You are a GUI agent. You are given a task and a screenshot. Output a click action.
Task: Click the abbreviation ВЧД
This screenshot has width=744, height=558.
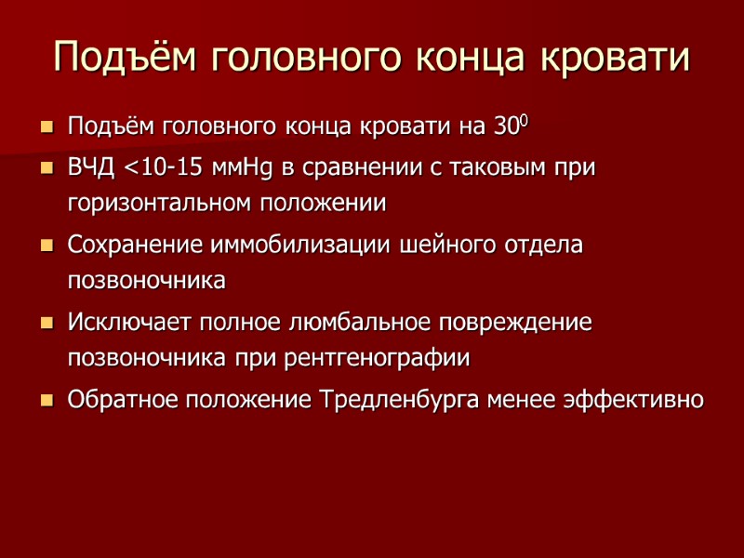[91, 169]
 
